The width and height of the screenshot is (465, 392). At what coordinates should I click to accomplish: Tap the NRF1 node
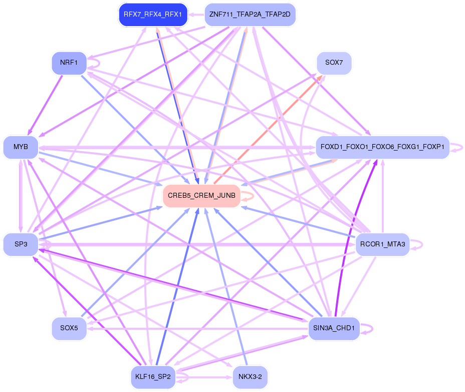[x=69, y=63]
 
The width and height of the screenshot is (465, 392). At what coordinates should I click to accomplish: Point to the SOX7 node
[x=334, y=63]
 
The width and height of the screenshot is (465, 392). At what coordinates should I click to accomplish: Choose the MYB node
[x=21, y=147]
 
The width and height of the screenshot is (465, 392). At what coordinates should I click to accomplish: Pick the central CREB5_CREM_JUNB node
[x=201, y=195]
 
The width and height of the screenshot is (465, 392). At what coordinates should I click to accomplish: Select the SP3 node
[x=21, y=244]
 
